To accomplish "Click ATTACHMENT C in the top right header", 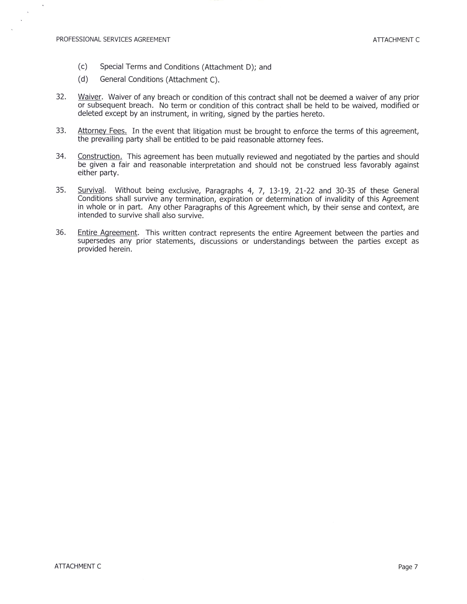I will [x=396, y=40].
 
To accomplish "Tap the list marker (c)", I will [x=82, y=67].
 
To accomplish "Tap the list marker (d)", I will [x=83, y=79].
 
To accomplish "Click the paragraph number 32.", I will [x=61, y=97].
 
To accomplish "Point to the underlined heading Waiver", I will [x=90, y=97].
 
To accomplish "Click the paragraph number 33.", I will [x=61, y=131].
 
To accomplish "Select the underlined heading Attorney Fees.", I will [x=102, y=131].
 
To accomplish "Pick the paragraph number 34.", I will [x=61, y=156].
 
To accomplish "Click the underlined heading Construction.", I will [x=100, y=156].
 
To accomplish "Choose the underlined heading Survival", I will [x=91, y=190].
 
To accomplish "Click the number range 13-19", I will [x=279, y=191].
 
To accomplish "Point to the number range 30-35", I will [x=345, y=191].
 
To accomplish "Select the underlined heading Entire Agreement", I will [x=107, y=233].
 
